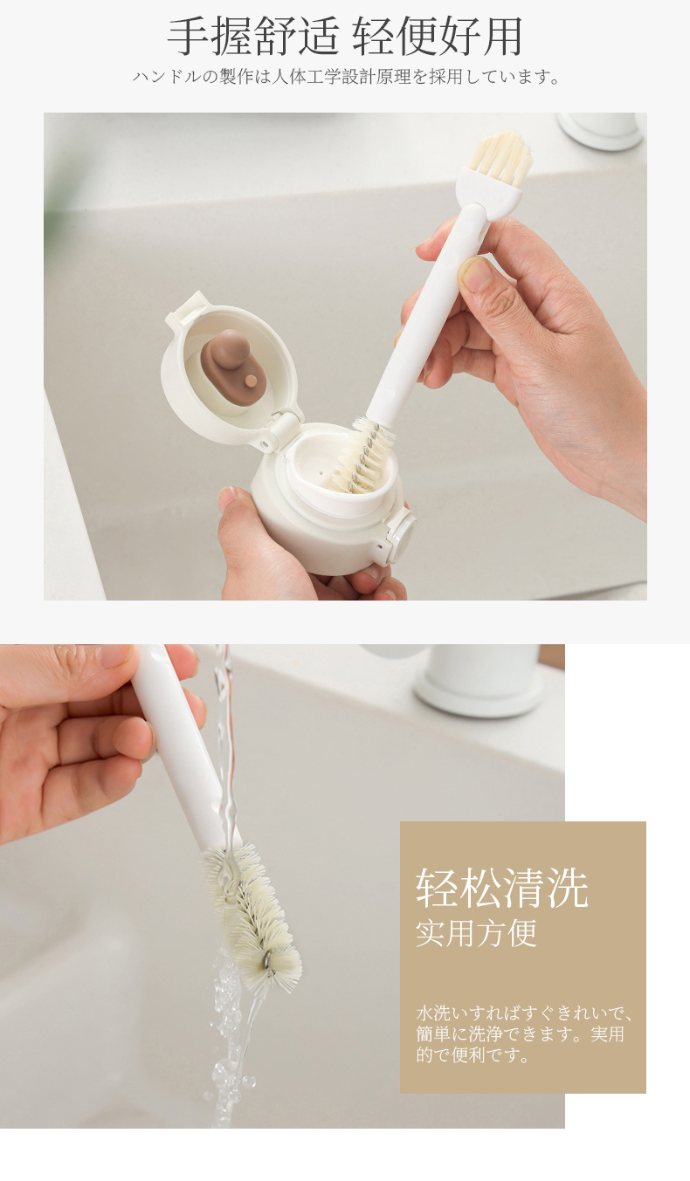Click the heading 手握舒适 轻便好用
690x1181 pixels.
pyautogui.click(x=345, y=37)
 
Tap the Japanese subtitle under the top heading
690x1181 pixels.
pyautogui.click(x=346, y=78)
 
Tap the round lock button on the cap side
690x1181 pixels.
pyautogui.click(x=402, y=533)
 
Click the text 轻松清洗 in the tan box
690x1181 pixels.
pyautogui.click(x=501, y=888)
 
